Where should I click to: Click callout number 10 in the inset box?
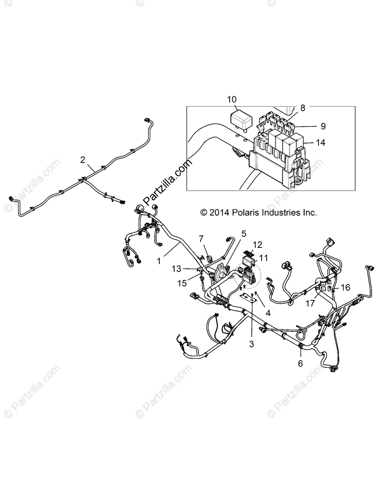click(x=232, y=99)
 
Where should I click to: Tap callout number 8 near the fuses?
click(x=303, y=108)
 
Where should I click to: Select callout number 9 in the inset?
click(x=323, y=126)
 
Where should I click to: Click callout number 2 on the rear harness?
click(x=83, y=160)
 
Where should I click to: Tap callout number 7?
click(x=201, y=238)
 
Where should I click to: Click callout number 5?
click(x=244, y=234)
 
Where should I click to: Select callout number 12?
click(x=257, y=245)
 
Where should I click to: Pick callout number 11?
click(x=263, y=258)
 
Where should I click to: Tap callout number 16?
click(x=345, y=287)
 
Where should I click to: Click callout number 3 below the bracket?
click(x=252, y=344)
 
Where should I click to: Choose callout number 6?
click(x=301, y=363)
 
